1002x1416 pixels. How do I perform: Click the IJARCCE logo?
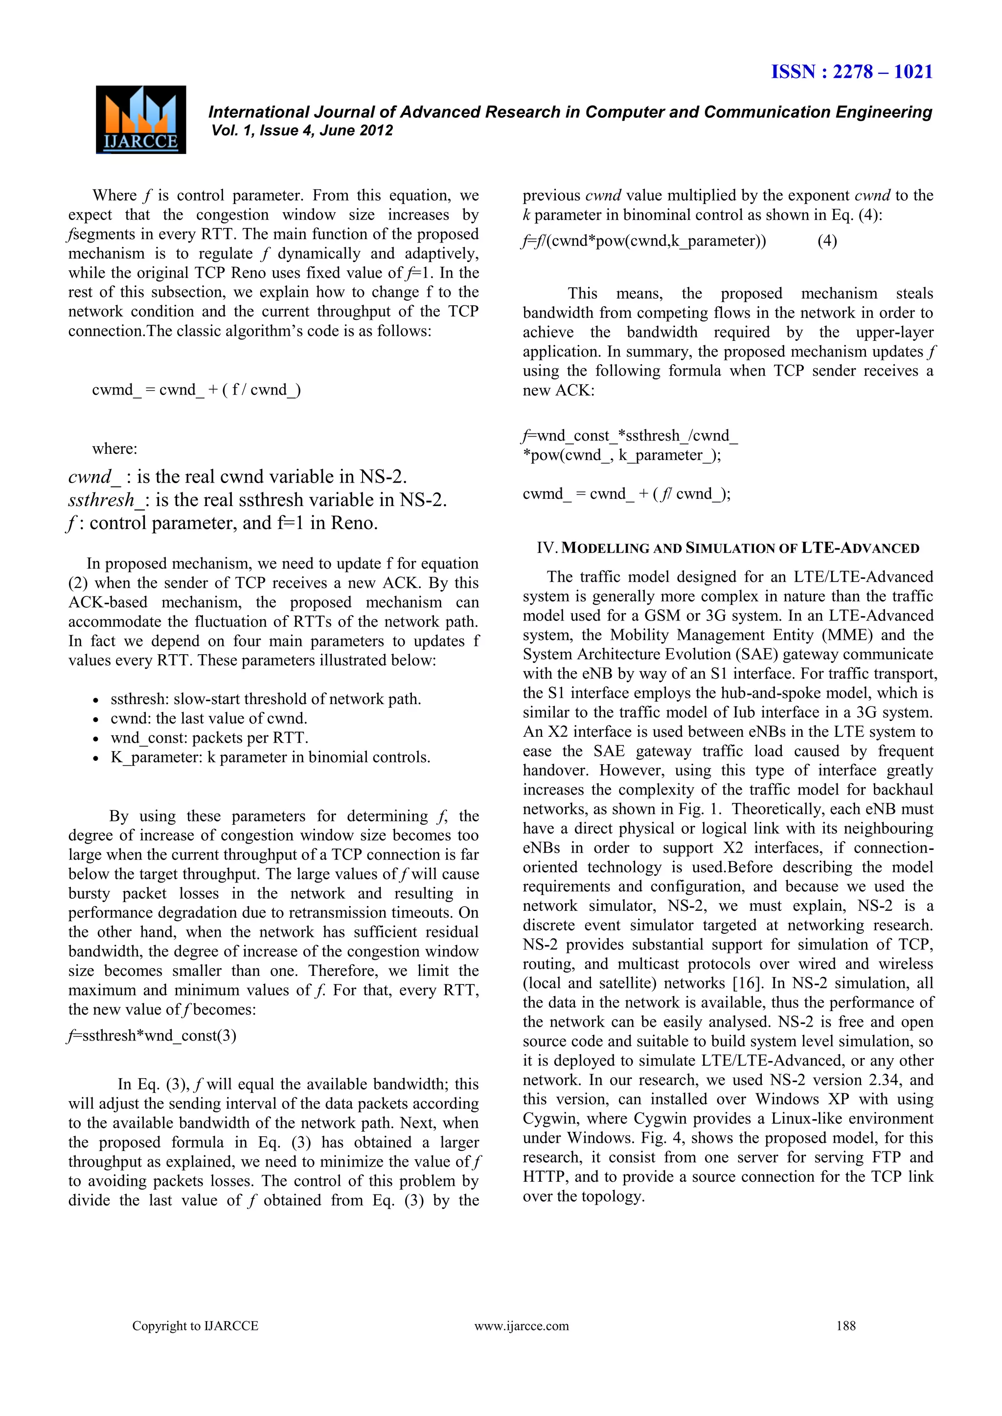tap(141, 120)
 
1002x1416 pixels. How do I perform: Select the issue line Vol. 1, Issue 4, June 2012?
tap(302, 130)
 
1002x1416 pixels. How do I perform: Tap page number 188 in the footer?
tap(845, 1326)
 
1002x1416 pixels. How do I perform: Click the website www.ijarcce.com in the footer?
tap(522, 1326)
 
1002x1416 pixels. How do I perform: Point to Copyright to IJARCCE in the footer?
tap(195, 1326)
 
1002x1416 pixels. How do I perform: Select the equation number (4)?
tap(827, 241)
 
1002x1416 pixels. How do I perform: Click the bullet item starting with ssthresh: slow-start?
tap(265, 699)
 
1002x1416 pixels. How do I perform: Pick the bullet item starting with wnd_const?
tap(209, 738)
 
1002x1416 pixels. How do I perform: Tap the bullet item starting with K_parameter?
tap(270, 757)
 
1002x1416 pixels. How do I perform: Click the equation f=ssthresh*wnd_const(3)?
tap(152, 1036)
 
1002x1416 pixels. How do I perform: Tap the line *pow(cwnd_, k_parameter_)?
tap(621, 455)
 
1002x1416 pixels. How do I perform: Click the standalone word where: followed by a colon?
tap(114, 448)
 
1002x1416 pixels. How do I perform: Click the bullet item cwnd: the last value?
tap(208, 718)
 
